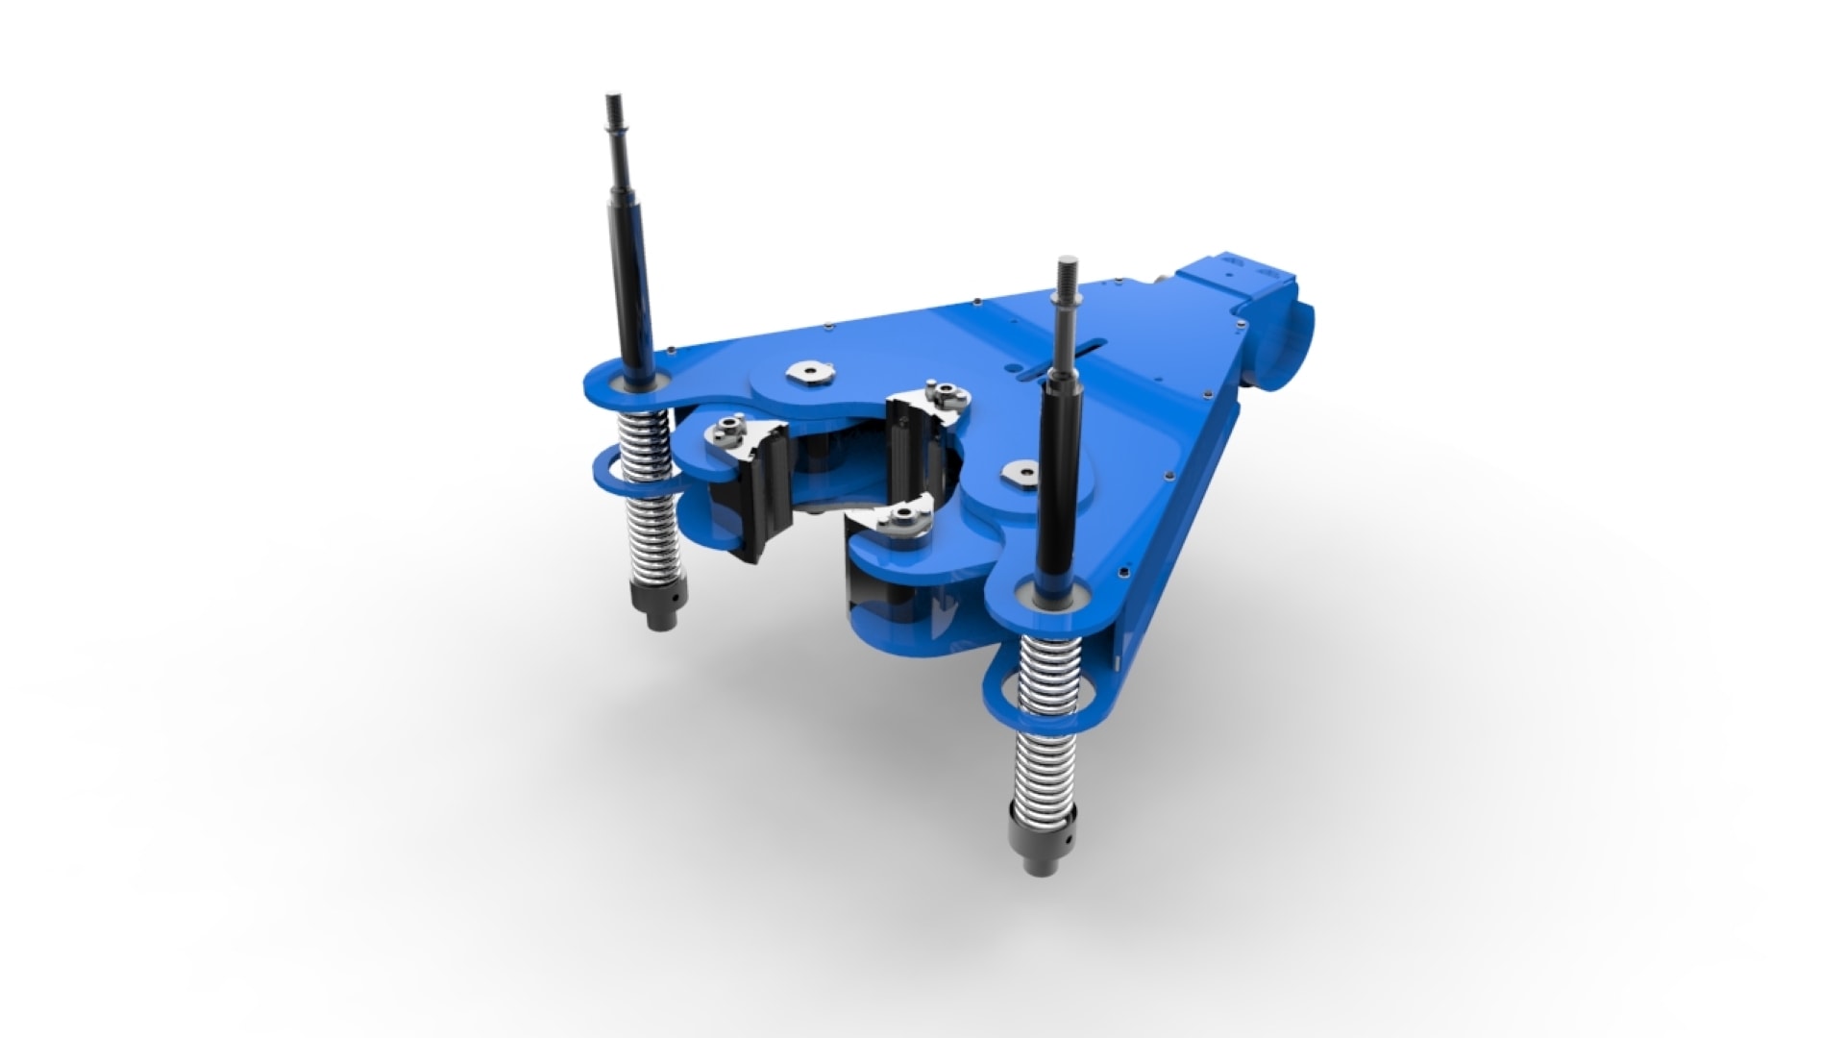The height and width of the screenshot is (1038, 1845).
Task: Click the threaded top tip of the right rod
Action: tap(1065, 274)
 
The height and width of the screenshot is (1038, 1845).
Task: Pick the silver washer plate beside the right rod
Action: tap(1021, 471)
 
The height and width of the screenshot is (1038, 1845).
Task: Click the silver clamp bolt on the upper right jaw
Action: tap(944, 392)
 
